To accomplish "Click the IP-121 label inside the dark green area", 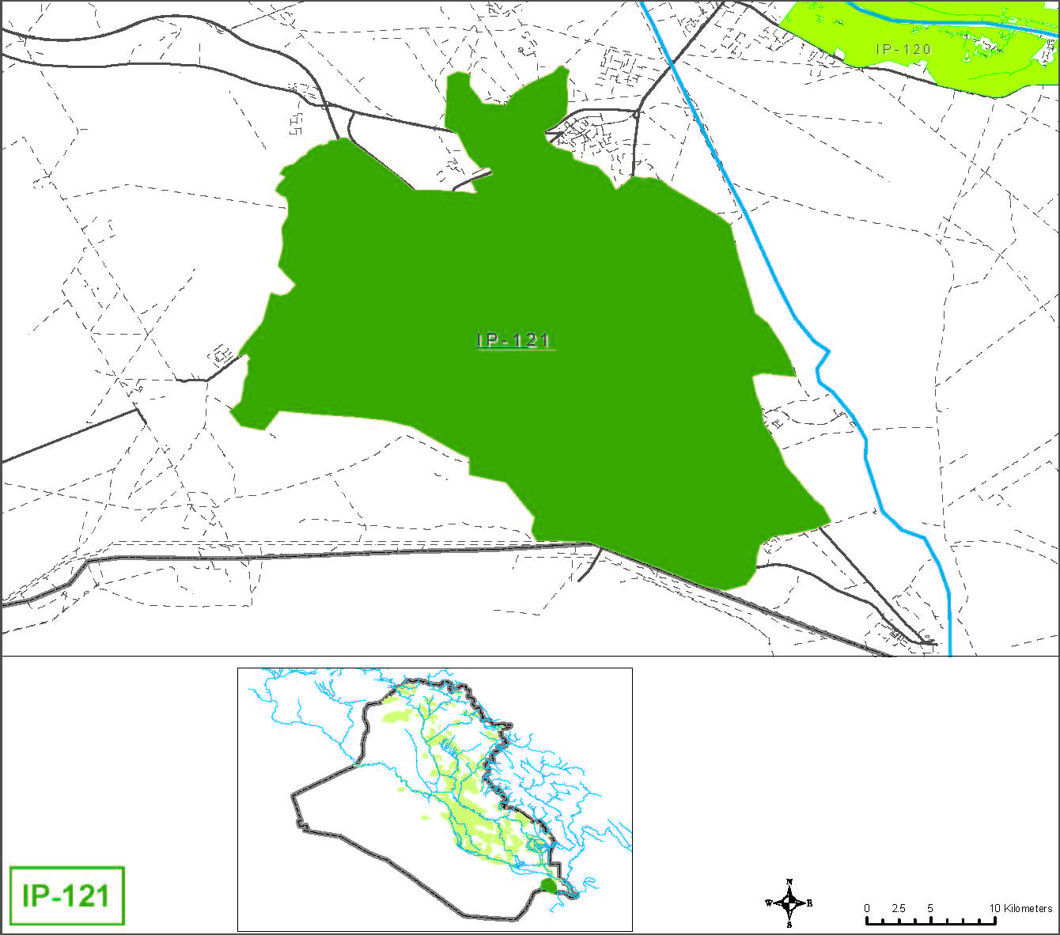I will click(514, 340).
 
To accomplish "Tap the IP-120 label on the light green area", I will click(903, 49).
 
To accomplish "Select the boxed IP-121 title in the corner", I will click(66, 895).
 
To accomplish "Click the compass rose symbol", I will click(789, 903).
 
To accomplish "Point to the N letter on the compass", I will click(789, 882).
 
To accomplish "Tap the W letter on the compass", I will click(768, 903).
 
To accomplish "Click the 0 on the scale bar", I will click(867, 908).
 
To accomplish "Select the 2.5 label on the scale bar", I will click(898, 908).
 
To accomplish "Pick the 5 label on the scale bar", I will click(930, 908).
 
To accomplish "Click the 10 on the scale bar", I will click(995, 908).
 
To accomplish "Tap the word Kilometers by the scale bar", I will click(1028, 908).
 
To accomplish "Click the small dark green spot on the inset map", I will click(547, 885).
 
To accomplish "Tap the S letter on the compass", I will click(789, 924).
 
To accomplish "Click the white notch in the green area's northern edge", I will click(475, 179).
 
